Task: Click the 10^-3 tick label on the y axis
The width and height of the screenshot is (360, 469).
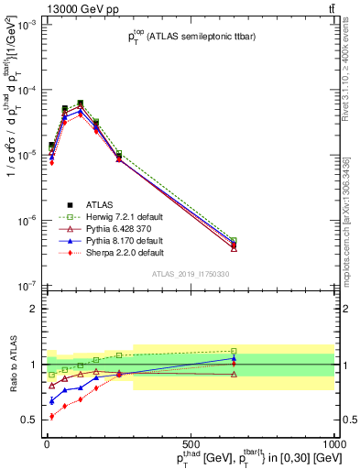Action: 28,26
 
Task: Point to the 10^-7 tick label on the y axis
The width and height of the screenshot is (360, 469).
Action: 28,286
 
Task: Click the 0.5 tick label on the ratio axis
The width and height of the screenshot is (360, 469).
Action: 30,420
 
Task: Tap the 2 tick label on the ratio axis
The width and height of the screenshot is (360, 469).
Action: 34,309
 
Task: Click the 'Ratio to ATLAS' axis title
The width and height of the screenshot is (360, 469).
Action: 11,365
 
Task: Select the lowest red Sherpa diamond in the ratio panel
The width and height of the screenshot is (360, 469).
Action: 51,417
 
